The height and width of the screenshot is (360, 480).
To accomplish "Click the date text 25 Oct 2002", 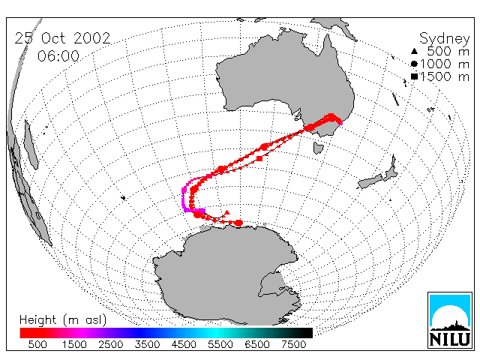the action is [x=62, y=38].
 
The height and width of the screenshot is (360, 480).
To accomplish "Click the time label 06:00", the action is [x=58, y=56].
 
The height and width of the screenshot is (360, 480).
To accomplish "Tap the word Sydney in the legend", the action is [x=444, y=39].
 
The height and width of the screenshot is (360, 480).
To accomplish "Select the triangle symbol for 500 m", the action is [x=414, y=51].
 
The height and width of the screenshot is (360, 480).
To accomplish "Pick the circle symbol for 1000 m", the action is [x=414, y=64].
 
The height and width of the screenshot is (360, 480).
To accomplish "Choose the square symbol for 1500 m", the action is [x=415, y=76].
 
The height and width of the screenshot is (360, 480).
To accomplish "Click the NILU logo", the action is [x=450, y=320].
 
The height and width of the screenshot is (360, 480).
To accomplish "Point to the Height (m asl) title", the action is [x=63, y=320].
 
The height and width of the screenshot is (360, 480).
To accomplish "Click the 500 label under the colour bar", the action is [x=37, y=344].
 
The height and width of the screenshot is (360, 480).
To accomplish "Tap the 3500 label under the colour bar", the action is [x=147, y=344].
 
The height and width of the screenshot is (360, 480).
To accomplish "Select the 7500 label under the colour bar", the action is [x=293, y=344].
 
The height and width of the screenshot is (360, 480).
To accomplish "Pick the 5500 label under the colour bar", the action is [x=220, y=344].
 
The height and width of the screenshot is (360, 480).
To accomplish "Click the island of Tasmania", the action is [x=318, y=148].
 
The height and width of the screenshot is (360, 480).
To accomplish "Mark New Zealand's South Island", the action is [x=370, y=181].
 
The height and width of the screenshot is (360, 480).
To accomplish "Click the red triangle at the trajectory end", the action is [x=226, y=212].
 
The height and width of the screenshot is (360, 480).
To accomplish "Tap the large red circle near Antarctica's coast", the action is [x=238, y=223].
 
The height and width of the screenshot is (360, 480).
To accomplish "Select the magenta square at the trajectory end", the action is [x=202, y=211].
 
